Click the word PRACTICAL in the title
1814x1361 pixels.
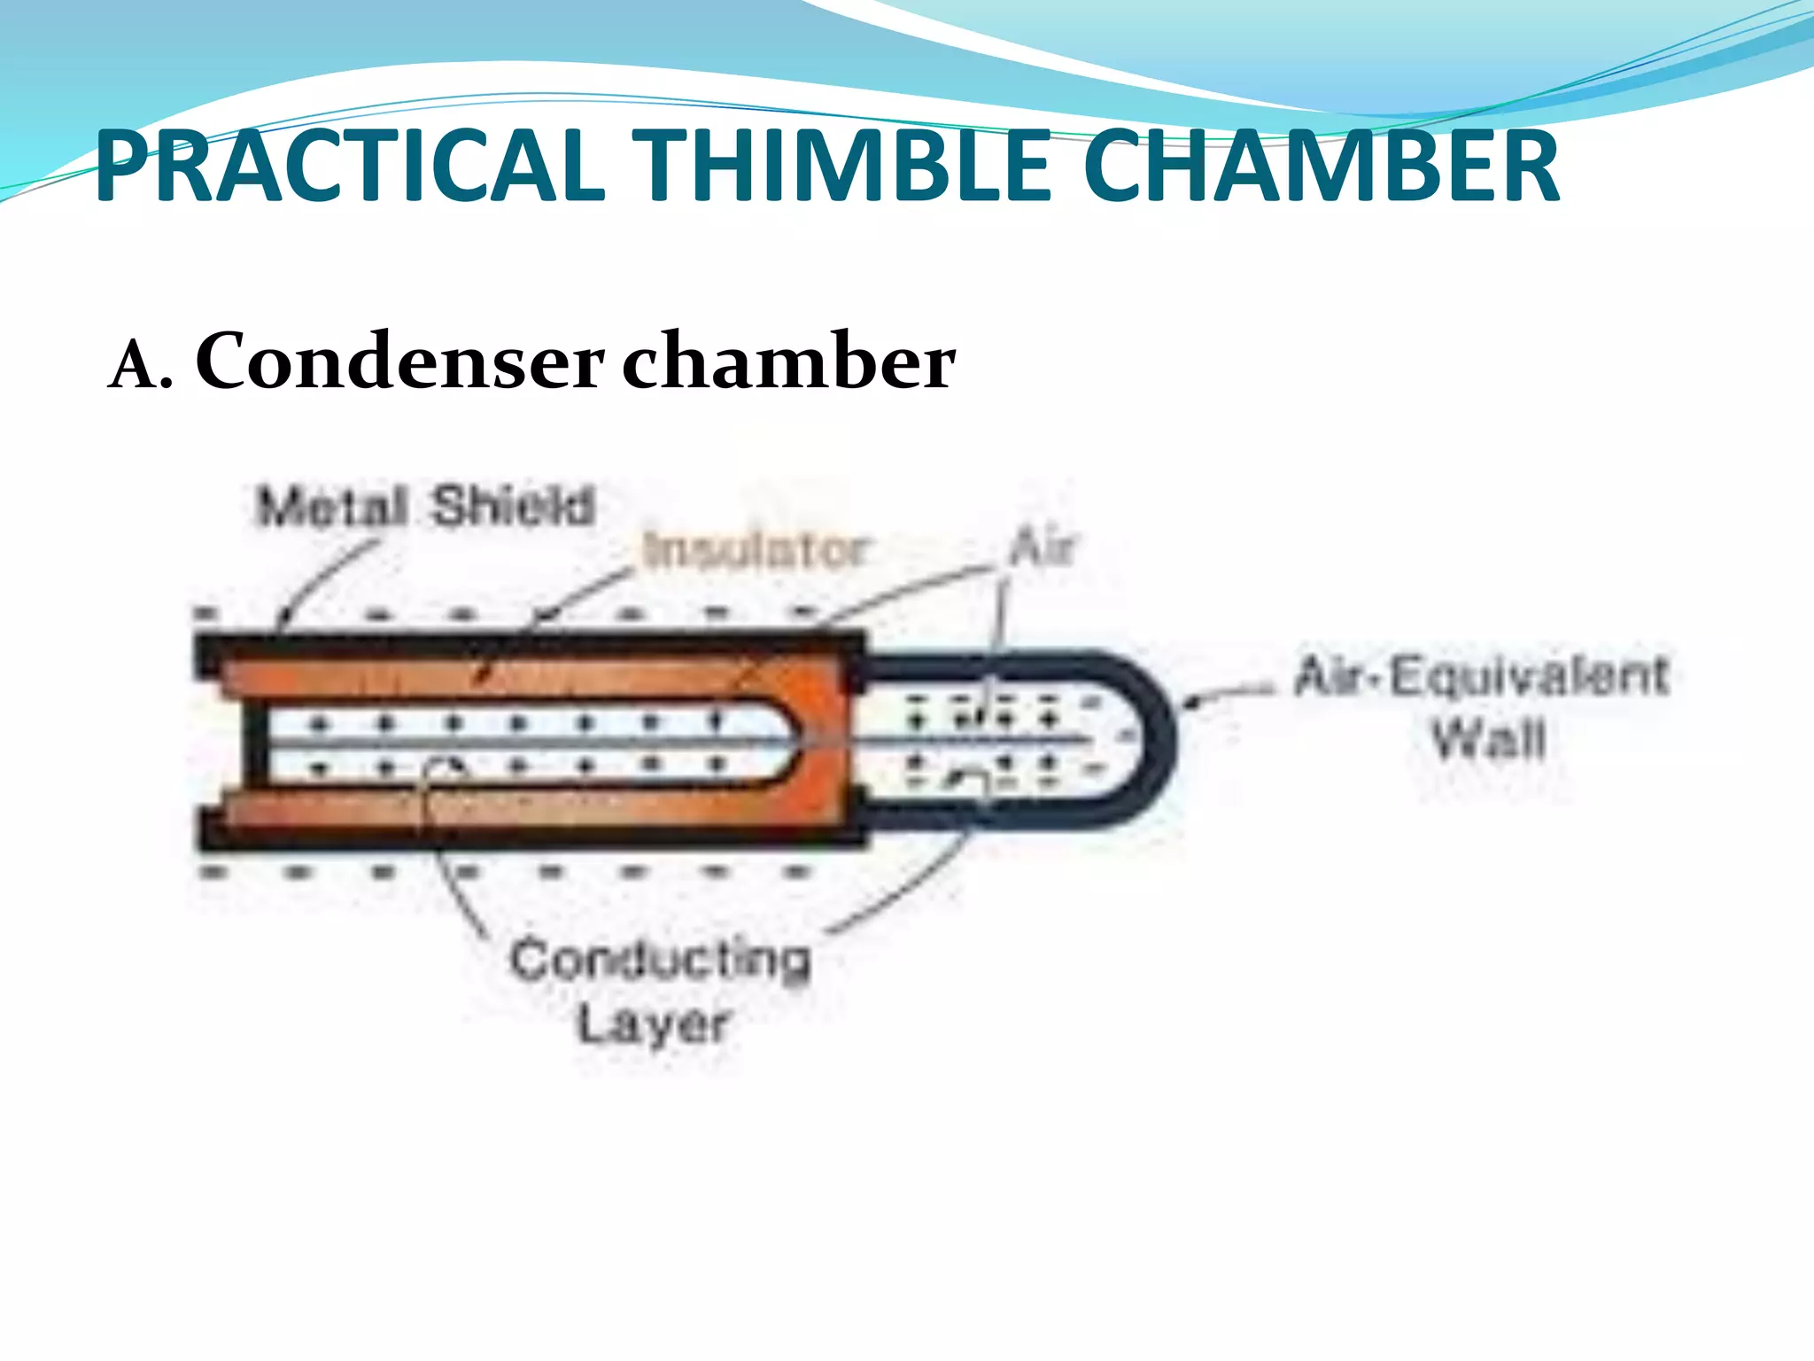click(x=349, y=167)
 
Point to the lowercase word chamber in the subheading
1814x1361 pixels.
click(x=788, y=362)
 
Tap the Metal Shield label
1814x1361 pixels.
click(x=425, y=507)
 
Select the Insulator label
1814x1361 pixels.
click(x=756, y=549)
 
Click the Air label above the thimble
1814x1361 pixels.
click(x=1042, y=547)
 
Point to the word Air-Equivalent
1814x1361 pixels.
click(x=1481, y=677)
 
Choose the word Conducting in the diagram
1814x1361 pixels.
click(x=660, y=960)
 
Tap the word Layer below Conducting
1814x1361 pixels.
click(x=653, y=1024)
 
